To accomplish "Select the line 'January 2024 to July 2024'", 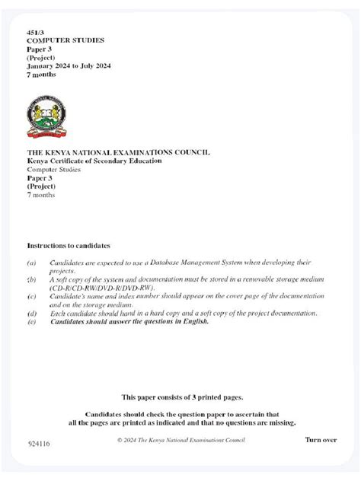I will [x=69, y=65].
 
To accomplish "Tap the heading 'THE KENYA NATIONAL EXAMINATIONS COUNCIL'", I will [x=118, y=153].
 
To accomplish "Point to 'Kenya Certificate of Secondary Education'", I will [x=94, y=161].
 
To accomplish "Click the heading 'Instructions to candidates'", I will [x=69, y=246].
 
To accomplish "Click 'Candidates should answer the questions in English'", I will [x=129, y=321].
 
